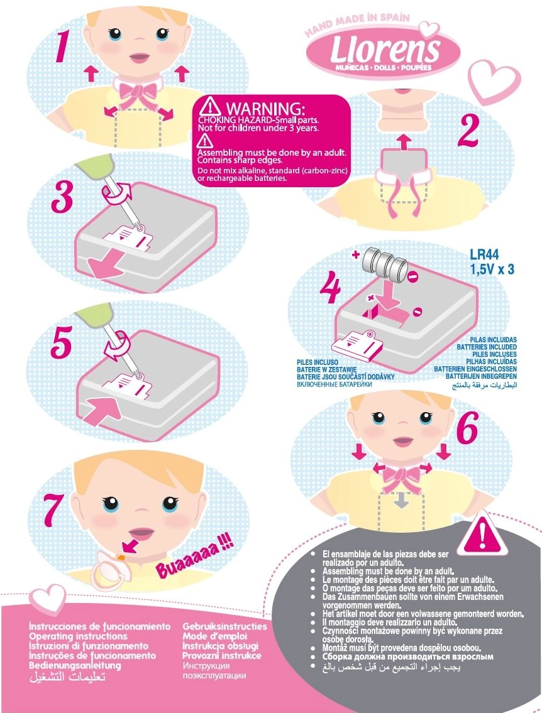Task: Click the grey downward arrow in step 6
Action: (x=401, y=501)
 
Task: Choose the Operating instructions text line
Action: (x=78, y=636)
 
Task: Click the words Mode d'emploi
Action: (x=215, y=636)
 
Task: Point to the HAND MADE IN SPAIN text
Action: (x=357, y=24)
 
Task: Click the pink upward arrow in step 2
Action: (x=402, y=141)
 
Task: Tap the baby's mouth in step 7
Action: (x=141, y=533)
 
